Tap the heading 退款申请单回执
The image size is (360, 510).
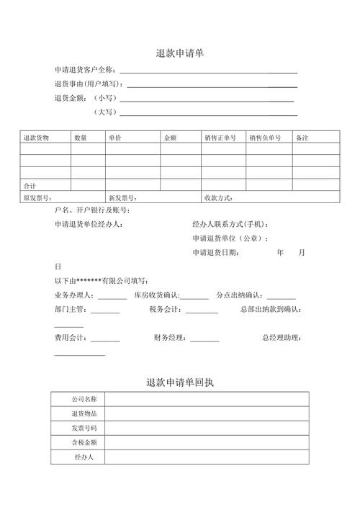(179, 382)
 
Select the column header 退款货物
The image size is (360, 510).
(36, 137)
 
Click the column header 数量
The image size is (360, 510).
(80, 137)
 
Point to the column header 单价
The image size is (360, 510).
(115, 137)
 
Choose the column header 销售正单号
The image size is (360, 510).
(220, 137)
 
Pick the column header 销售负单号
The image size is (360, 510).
(266, 137)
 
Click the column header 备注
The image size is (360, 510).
(302, 137)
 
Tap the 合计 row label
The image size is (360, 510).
(30, 185)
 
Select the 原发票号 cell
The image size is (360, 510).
(37, 197)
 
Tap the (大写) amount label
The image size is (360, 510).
(104, 112)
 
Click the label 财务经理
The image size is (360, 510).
(171, 338)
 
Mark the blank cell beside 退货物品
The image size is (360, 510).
(207, 413)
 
